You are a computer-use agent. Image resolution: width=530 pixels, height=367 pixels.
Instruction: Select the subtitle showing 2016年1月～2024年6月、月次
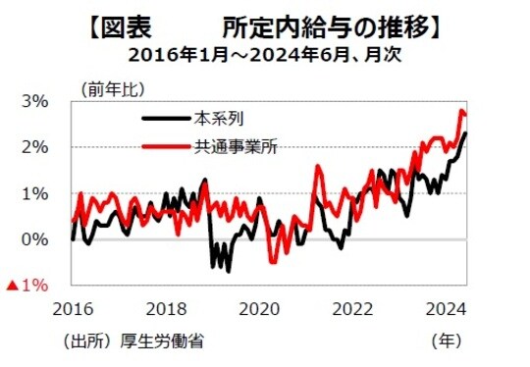264,53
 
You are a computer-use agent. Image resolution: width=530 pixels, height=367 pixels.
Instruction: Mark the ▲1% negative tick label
27,286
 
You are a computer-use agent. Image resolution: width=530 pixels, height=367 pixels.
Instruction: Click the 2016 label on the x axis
73,308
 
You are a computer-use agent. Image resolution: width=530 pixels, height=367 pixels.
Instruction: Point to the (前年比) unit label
111,87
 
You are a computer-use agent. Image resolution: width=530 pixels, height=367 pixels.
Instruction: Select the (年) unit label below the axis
447,341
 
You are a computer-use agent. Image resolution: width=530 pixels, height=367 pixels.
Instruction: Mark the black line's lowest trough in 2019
228,271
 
